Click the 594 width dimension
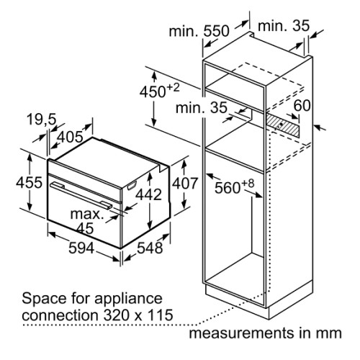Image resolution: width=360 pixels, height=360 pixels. pos(81,248)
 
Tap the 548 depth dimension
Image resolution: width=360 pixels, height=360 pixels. pos(150,248)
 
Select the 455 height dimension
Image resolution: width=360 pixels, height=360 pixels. pos(29,182)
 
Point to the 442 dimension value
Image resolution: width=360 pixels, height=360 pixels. pos(148,194)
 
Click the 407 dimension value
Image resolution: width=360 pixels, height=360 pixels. pos(185,184)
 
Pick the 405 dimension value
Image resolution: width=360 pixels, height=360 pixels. pos(71,138)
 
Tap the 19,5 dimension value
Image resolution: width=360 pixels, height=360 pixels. pos(42,120)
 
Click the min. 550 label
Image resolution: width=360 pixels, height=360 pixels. pos(199,31)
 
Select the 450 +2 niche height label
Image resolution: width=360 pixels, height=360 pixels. pos(160,91)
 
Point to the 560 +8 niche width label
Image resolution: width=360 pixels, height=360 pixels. pos(234,186)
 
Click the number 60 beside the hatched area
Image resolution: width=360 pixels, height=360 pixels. pos(302,105)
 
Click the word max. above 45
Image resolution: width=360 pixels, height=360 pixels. pos(87,214)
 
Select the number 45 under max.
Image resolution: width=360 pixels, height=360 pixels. pos(85,228)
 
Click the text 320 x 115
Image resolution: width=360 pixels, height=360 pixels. pos(138,315)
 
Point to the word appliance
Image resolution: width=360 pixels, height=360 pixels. pos(128,300)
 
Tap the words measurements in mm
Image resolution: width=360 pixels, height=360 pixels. pos(265,333)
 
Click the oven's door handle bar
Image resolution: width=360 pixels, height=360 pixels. pos(81,194)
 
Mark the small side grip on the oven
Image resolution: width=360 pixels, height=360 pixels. pos(131,186)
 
